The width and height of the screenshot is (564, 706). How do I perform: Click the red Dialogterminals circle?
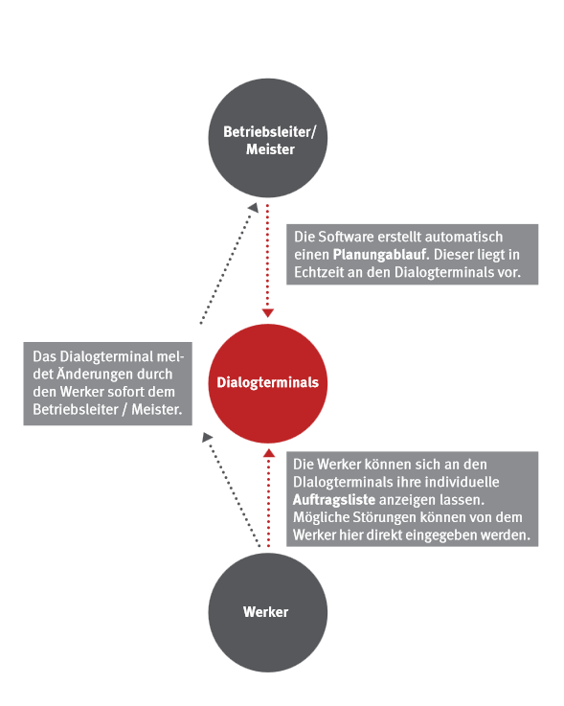pyautogui.click(x=268, y=383)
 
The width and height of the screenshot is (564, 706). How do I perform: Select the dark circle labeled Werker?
pyautogui.click(x=268, y=612)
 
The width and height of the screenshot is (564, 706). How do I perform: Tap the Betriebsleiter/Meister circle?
pyautogui.click(x=268, y=138)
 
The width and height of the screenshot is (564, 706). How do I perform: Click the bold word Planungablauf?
pyautogui.click(x=380, y=255)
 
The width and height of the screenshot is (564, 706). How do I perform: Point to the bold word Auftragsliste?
pyautogui.click(x=334, y=500)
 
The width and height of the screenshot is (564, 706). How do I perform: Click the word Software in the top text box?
pyautogui.click(x=346, y=237)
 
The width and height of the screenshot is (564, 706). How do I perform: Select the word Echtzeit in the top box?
pyautogui.click(x=319, y=272)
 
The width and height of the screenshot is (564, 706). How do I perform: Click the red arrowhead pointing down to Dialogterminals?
pyautogui.click(x=268, y=313)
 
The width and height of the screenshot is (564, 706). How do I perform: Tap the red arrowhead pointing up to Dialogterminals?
pyautogui.click(x=269, y=453)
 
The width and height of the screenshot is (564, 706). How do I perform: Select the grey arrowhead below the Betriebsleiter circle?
pyautogui.click(x=254, y=208)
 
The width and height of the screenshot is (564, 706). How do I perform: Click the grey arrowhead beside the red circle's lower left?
pyautogui.click(x=207, y=437)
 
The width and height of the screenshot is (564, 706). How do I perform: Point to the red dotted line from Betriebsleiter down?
pyautogui.click(x=267, y=257)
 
